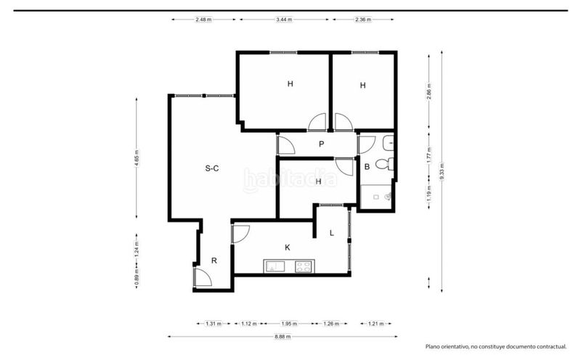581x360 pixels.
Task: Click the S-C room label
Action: (212, 168)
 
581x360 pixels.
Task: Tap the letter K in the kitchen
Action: (288, 247)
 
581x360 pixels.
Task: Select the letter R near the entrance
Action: (214, 261)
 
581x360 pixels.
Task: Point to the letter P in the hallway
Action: (321, 144)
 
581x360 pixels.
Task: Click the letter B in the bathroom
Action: (367, 167)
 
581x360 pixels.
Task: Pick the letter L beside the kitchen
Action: (332, 233)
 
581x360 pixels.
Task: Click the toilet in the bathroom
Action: (384, 164)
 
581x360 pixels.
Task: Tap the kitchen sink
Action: (275, 266)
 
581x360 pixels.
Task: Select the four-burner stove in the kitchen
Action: (304, 266)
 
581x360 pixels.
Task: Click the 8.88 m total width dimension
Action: (283, 337)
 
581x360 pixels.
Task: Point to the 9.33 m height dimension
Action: (442, 171)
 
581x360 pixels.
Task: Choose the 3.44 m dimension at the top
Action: (284, 20)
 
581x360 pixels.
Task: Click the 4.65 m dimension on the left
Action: (137, 158)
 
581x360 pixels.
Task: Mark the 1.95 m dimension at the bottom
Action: (289, 324)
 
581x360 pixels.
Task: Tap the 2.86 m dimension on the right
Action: (429, 91)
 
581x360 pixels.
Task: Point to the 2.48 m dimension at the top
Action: (203, 20)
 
